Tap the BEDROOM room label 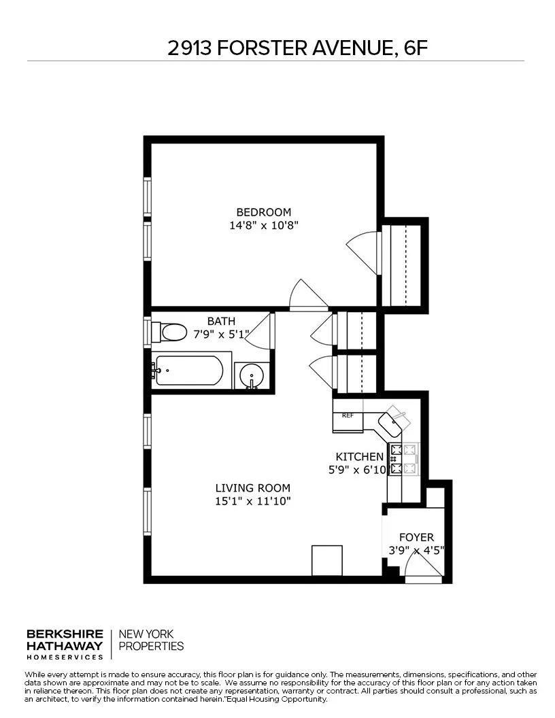(263, 211)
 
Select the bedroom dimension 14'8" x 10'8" (263, 224)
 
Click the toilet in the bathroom (170, 332)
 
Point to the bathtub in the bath (188, 371)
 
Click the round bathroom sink (252, 376)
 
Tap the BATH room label (222, 321)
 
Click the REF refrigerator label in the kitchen (348, 415)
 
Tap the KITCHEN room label (359, 457)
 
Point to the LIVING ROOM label (252, 488)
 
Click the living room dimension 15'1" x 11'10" (252, 501)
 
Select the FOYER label (416, 537)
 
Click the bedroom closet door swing (363, 251)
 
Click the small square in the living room (326, 560)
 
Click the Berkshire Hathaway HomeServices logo (65, 644)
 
